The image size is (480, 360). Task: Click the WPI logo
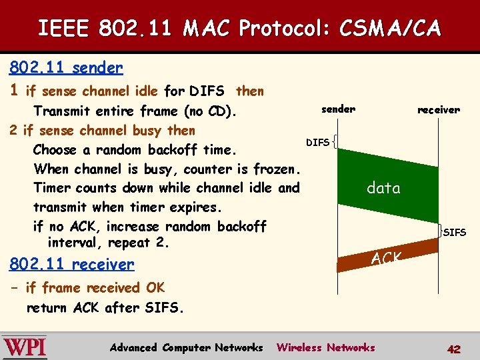pyautogui.click(x=25, y=347)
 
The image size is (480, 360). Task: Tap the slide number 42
pyautogui.click(x=454, y=349)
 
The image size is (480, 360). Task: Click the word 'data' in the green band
pyautogui.click(x=383, y=188)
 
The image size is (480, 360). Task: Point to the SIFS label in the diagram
pyautogui.click(x=455, y=233)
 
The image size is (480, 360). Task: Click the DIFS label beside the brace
pyautogui.click(x=317, y=142)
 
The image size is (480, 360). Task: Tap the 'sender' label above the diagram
pyautogui.click(x=339, y=109)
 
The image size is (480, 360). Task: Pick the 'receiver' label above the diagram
pyautogui.click(x=439, y=109)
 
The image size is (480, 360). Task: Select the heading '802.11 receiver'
pyautogui.click(x=71, y=265)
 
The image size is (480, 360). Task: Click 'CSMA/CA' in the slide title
pyautogui.click(x=390, y=29)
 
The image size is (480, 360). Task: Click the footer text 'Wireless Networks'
pyautogui.click(x=326, y=347)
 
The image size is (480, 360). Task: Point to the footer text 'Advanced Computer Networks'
pyautogui.click(x=186, y=347)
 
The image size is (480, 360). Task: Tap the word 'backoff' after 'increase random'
pyautogui.click(x=242, y=226)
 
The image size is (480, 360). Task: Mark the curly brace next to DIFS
pyautogui.click(x=334, y=141)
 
